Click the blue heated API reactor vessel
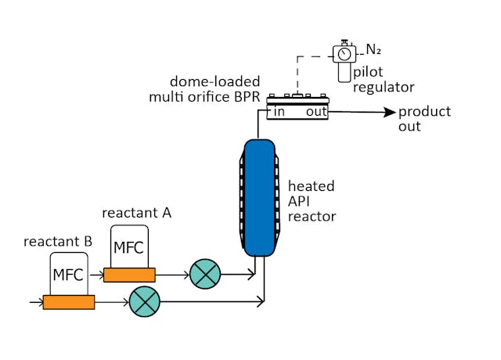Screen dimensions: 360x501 point(258,197)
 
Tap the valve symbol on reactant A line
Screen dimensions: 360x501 point(206,274)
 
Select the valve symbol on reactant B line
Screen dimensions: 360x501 point(143,301)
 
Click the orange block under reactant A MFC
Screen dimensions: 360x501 point(129,275)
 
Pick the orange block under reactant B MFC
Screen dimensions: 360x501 point(69,302)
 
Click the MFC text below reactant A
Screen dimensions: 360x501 point(129,248)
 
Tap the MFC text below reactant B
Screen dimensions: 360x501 point(68,275)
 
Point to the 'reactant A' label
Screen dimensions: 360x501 point(137,212)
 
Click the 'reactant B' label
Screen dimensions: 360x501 point(59,241)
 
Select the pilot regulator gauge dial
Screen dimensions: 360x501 point(343,52)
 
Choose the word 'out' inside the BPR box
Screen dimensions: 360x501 point(315,112)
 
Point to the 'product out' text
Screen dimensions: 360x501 point(424,118)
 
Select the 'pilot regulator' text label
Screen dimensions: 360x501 point(383,79)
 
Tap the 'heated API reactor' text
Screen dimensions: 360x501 point(312,201)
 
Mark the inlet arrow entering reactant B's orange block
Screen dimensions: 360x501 point(35,301)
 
